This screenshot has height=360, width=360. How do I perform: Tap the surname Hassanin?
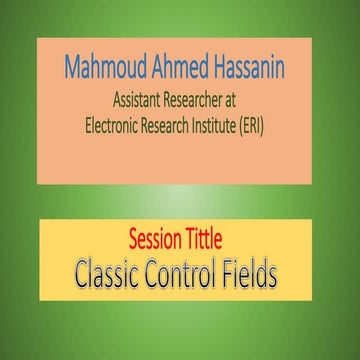point(254,70)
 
